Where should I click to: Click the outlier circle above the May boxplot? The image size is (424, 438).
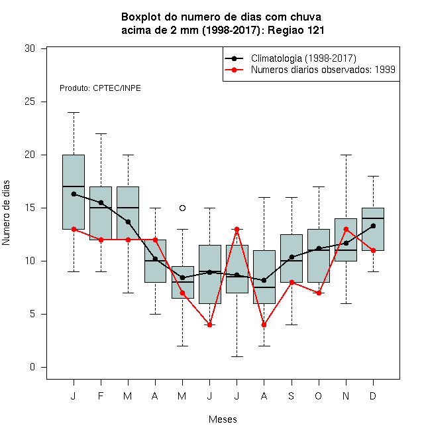pos(182,208)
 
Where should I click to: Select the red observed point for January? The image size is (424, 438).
pos(74,230)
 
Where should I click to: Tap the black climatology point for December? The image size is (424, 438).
pos(373,226)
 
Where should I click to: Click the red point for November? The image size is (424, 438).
pos(346,230)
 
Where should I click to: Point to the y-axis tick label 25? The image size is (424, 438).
pos(30,102)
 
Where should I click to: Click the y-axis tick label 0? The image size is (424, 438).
pos(32,367)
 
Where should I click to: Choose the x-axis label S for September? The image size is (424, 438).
pos(291,396)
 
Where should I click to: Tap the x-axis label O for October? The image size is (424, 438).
pos(318,396)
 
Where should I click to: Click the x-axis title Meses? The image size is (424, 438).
pos(223,419)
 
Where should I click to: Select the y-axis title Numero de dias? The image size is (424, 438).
pos(6,213)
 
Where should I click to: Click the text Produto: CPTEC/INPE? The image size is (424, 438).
pos(100,88)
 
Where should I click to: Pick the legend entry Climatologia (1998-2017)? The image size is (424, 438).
pos(303,58)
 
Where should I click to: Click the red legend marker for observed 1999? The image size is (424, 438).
pos(235,70)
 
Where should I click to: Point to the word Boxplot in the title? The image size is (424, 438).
pos(141,17)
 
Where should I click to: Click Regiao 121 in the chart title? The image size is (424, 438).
pos(296,30)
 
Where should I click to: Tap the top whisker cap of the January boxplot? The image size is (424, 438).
pos(74,113)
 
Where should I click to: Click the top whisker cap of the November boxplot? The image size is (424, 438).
pos(346,155)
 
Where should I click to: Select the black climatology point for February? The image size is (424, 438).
pos(101,202)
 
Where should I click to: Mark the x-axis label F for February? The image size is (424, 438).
pos(101,396)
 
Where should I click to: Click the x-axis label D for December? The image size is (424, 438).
pos(373,396)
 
